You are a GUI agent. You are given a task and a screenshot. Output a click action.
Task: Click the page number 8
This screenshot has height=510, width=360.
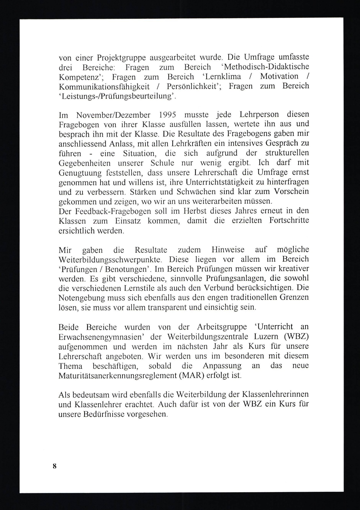[x=55, y=466]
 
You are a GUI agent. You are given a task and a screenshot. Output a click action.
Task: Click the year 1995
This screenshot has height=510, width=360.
[x=167, y=115]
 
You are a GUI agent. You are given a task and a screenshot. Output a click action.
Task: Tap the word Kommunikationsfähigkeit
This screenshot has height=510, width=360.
[x=104, y=86]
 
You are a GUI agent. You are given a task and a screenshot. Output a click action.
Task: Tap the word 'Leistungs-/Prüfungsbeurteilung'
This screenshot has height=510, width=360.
[x=117, y=96]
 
